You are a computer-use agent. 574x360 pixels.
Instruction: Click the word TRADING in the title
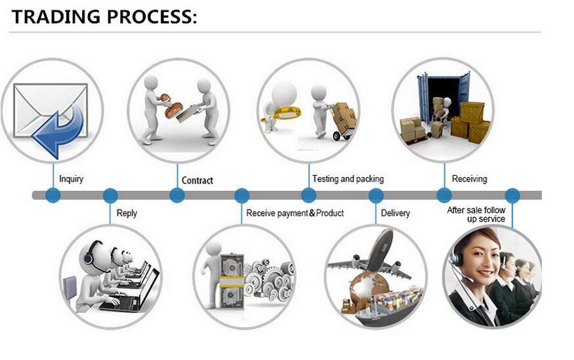[56, 17]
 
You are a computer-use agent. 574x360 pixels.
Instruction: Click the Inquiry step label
[71, 179]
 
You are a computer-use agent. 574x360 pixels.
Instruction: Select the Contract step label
[197, 180]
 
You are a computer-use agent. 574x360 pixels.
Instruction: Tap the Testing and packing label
[348, 179]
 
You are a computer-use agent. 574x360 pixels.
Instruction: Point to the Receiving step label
[469, 179]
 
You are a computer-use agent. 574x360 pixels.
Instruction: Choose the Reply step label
[127, 213]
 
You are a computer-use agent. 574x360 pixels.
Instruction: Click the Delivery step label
[396, 213]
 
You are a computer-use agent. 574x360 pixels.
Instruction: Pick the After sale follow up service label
[476, 214]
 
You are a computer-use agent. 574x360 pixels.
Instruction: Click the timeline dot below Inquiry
[53, 195]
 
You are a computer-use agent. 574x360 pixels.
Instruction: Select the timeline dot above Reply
[110, 195]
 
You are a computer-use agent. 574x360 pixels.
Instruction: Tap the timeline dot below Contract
[177, 195]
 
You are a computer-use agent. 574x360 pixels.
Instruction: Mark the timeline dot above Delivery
[376, 195]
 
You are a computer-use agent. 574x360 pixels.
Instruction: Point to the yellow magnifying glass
[282, 114]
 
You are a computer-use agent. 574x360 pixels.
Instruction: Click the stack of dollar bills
[232, 281]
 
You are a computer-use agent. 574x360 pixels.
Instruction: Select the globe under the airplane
[368, 289]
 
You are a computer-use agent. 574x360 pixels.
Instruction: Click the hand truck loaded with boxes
[342, 121]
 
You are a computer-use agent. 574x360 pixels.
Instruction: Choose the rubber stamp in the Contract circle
[173, 107]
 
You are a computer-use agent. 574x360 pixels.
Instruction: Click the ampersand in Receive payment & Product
[312, 212]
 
